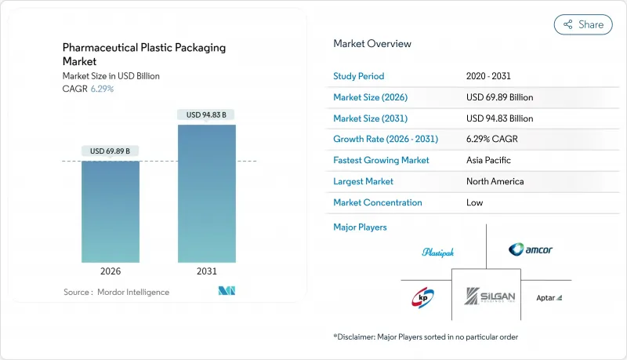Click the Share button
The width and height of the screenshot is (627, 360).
(583, 24)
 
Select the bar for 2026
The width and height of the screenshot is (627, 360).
(111, 212)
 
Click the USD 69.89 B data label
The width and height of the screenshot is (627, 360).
(111, 151)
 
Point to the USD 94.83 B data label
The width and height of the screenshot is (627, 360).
(207, 115)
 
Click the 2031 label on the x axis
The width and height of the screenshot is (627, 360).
(207, 271)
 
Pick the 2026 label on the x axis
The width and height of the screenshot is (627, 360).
(111, 271)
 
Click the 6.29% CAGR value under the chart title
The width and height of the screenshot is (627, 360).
(101, 89)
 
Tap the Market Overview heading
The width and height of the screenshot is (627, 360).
(372, 43)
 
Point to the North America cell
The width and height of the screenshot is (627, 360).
(495, 181)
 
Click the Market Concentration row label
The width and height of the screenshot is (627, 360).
(378, 202)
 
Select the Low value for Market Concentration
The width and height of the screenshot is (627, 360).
(474, 202)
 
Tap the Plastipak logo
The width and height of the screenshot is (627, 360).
(438, 252)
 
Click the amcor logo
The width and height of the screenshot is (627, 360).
(530, 249)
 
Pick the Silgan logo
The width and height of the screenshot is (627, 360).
(486, 297)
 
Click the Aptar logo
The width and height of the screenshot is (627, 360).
(549, 298)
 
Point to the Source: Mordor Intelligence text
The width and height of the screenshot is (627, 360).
(116, 292)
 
